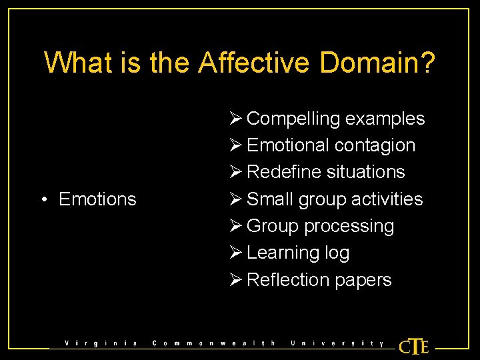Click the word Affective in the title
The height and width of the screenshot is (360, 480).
(254, 63)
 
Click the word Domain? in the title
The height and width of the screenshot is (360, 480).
(378, 63)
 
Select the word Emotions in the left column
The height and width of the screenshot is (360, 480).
(97, 199)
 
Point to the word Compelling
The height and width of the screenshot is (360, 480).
(293, 119)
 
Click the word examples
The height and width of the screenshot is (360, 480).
(385, 119)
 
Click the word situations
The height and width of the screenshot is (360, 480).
(366, 172)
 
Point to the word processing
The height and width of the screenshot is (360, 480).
(349, 226)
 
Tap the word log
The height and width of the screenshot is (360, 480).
(337, 253)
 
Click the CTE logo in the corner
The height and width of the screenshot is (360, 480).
(413, 347)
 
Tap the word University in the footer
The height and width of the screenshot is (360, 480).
(337, 344)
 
